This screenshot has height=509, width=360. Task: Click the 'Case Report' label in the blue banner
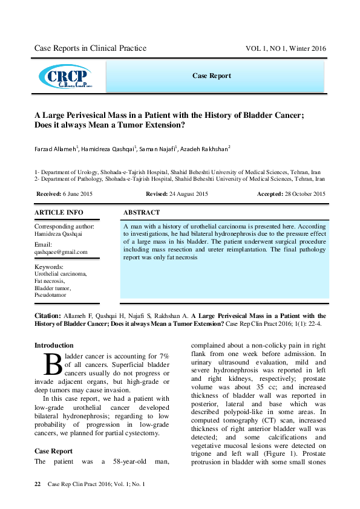(211, 76)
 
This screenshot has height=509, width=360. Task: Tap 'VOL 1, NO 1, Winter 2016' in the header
(285, 48)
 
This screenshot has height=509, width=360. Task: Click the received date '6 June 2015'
(78, 194)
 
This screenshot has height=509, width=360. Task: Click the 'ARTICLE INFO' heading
(59, 213)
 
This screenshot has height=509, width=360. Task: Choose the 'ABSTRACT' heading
(142, 213)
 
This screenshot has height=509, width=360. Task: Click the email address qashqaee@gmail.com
(61, 252)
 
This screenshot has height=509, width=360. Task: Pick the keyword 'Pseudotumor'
(51, 296)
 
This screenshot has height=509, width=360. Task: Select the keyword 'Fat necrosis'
(50, 281)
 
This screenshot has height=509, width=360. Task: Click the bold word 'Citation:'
(47, 316)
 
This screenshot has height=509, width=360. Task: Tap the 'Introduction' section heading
(54, 346)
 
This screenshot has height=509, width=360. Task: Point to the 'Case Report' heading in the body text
(53, 451)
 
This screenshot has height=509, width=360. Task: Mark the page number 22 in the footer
(38, 484)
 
